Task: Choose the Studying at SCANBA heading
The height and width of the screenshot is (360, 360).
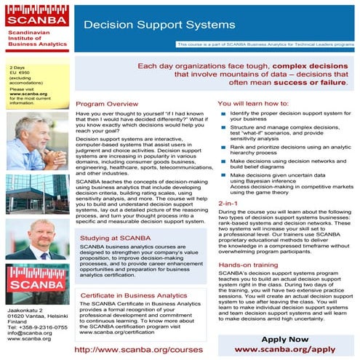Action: click(111, 237)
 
